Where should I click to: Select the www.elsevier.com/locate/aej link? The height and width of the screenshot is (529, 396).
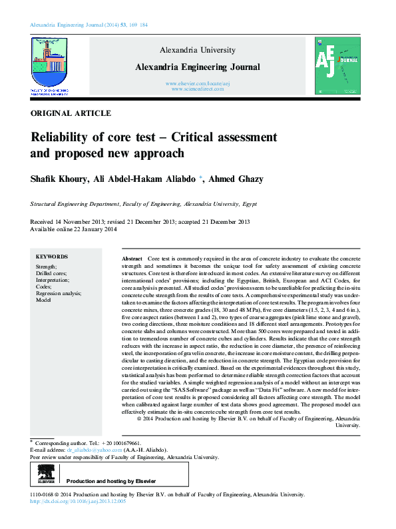coord(197,83)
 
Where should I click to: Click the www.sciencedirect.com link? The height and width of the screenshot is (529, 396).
coord(197,89)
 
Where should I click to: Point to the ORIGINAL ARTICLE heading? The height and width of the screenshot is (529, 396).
coord(71,113)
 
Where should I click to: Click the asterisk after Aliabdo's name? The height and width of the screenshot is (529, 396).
coord(202,178)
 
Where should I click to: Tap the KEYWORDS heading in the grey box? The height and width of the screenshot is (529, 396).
coord(52,257)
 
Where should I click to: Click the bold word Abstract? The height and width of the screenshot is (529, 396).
coord(132,258)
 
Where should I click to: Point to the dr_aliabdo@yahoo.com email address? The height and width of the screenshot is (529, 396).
coord(95,450)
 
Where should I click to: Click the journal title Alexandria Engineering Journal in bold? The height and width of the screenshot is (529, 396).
coord(198,67)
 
